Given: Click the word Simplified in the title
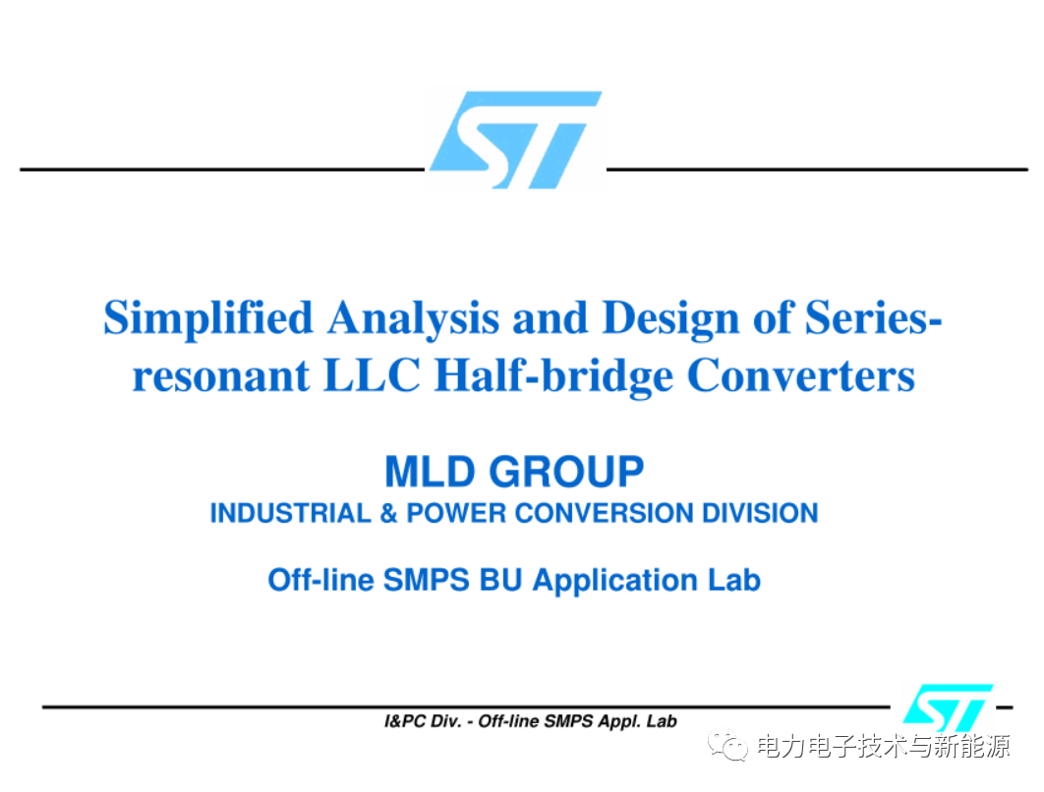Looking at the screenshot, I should [x=208, y=318].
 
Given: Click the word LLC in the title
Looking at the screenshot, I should [x=375, y=376].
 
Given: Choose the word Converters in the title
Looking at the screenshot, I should [x=800, y=376].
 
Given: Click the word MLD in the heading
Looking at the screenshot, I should [x=430, y=473].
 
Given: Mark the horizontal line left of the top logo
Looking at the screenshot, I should [x=221, y=169].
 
